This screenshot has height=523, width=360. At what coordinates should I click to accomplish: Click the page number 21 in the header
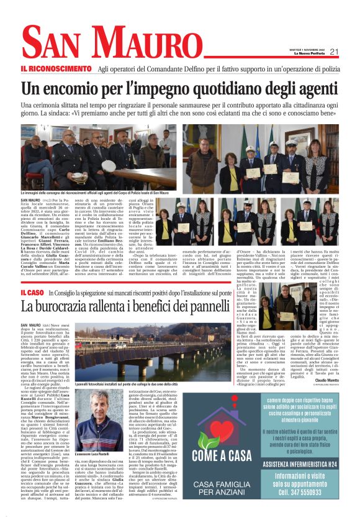(x=334, y=51)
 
